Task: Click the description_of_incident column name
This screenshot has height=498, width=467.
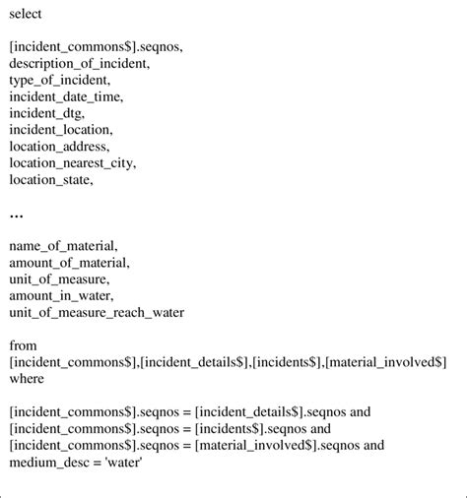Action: point(80,63)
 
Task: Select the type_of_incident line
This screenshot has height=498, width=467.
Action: point(60,79)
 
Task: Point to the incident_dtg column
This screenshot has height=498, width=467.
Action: point(47,112)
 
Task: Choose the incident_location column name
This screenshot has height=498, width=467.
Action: point(61,129)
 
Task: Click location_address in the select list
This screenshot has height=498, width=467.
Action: point(59,146)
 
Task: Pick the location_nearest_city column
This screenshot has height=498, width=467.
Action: point(73,162)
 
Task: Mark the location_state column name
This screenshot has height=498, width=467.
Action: point(50,179)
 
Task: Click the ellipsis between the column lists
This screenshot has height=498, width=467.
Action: point(16,213)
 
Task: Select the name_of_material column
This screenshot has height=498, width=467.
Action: point(64,246)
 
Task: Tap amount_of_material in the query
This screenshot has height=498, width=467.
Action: point(69,263)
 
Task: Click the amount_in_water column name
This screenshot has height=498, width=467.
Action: point(59,295)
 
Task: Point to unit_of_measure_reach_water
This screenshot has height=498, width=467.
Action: point(97,312)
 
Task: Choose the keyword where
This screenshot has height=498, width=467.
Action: point(28,379)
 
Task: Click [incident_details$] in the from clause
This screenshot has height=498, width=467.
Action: point(194,362)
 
